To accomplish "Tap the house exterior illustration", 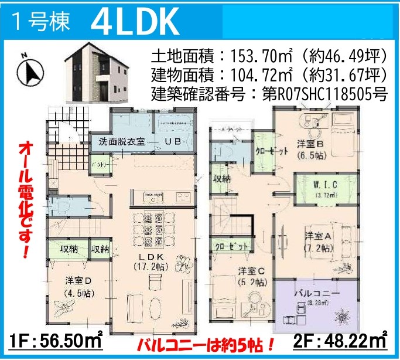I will [97, 73].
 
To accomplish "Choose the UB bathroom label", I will [172, 141].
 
